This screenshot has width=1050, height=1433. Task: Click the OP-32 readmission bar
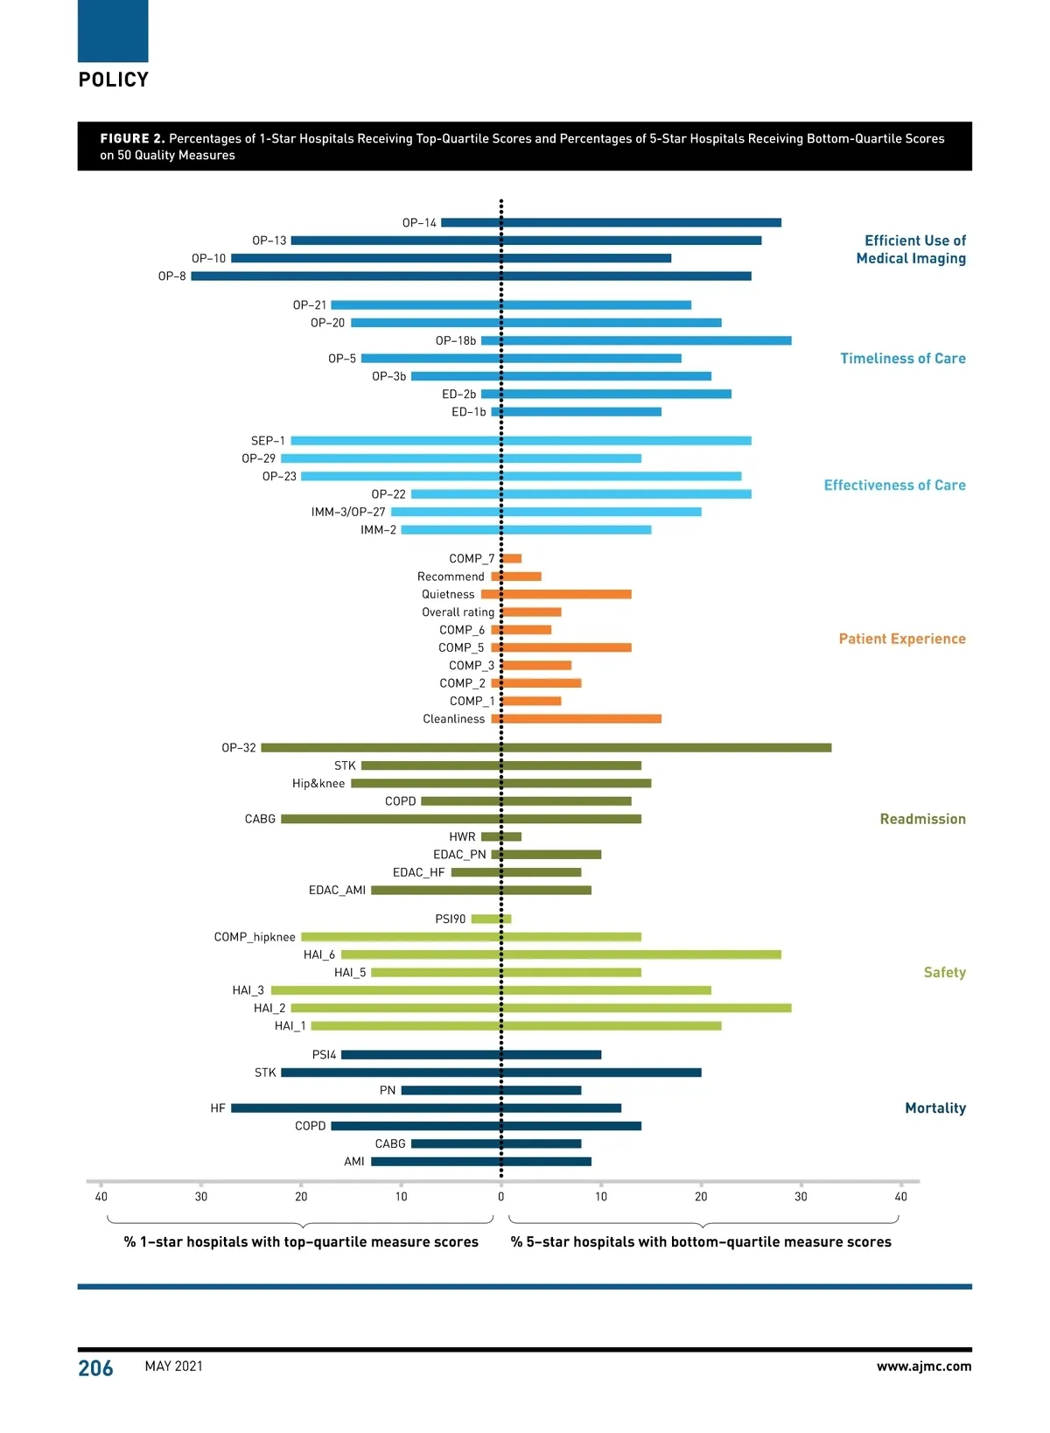pyautogui.click(x=546, y=748)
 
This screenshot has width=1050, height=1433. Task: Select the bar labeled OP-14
pyautogui.click(x=611, y=223)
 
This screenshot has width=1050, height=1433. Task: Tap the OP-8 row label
pyautogui.click(x=171, y=276)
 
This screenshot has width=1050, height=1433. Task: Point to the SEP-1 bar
pyautogui.click(x=521, y=441)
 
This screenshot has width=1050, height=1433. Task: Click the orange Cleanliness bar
pyautogui.click(x=577, y=719)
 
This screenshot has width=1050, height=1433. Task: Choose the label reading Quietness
pyautogui.click(x=448, y=595)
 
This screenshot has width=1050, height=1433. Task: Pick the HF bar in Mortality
pyautogui.click(x=426, y=1108)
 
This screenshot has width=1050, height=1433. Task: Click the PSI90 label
pyautogui.click(x=451, y=919)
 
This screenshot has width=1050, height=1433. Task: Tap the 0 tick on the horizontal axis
pyautogui.click(x=501, y=1197)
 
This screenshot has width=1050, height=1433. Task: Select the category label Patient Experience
pyautogui.click(x=902, y=640)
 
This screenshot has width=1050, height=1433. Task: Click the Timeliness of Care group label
pyautogui.click(x=903, y=359)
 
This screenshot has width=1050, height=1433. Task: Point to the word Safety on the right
pyautogui.click(x=944, y=973)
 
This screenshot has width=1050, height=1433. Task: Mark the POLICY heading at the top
pyautogui.click(x=114, y=80)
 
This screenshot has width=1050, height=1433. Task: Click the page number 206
pyautogui.click(x=95, y=1368)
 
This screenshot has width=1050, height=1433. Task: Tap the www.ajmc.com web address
pyautogui.click(x=924, y=1367)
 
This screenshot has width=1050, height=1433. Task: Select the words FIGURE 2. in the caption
pyautogui.click(x=132, y=139)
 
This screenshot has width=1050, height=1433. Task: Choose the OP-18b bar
pyautogui.click(x=636, y=341)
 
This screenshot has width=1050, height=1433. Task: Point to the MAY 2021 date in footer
pyautogui.click(x=174, y=1367)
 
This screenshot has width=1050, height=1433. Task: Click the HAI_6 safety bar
pyautogui.click(x=561, y=955)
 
